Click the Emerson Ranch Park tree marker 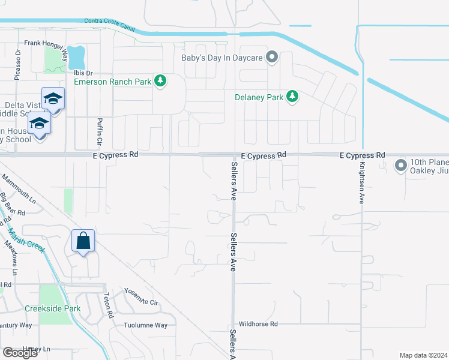click(x=160, y=80)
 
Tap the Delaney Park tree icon click(x=292, y=97)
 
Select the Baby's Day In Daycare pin click(x=272, y=58)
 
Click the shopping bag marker click(x=83, y=241)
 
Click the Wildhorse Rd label click(x=258, y=324)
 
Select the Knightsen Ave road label click(x=362, y=183)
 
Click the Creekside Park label click(x=53, y=308)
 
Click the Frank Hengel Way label click(x=46, y=44)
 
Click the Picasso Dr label click(x=18, y=62)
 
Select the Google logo click(x=20, y=353)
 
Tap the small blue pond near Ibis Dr click(x=76, y=58)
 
